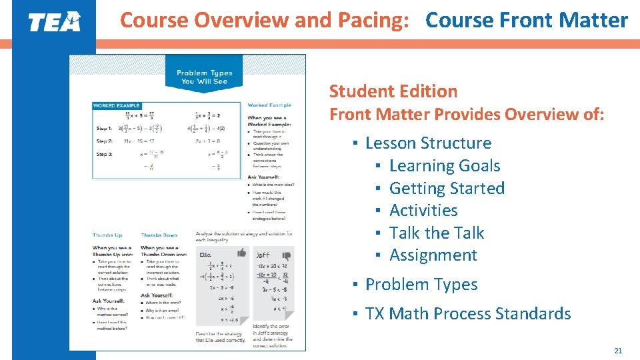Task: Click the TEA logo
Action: pyautogui.click(x=54, y=21)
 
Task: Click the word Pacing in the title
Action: pyautogui.click(x=373, y=21)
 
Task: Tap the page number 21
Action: pyautogui.click(x=617, y=351)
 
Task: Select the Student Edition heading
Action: pyautogui.click(x=393, y=91)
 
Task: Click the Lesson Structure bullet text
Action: pyautogui.click(x=428, y=143)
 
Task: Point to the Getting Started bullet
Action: pyautogui.click(x=447, y=188)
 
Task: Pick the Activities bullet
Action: pyautogui.click(x=423, y=210)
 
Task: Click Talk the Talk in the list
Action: pyautogui.click(x=437, y=233)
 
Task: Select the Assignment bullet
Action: pyautogui.click(x=433, y=255)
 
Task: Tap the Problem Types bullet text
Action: pyautogui.click(x=421, y=284)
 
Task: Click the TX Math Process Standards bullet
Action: pyautogui.click(x=468, y=313)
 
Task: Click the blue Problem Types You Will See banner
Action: pyautogui.click(x=204, y=77)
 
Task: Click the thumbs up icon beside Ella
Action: pyautogui.click(x=241, y=253)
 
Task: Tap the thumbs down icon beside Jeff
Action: pyautogui.click(x=286, y=254)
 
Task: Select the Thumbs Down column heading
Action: pyautogui.click(x=159, y=235)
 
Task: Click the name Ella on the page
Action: pyautogui.click(x=205, y=254)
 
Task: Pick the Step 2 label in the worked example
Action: pyautogui.click(x=104, y=141)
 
